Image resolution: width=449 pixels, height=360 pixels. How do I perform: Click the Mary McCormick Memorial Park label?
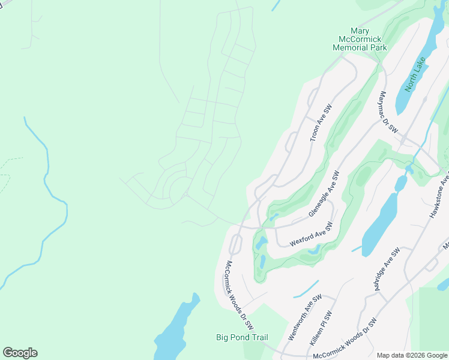(x=368, y=39)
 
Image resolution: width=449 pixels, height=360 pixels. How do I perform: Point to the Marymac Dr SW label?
(x=389, y=112)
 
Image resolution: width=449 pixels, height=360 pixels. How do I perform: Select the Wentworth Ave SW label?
(x=305, y=317)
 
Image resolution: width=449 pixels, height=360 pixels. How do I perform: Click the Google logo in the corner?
(x=20, y=353)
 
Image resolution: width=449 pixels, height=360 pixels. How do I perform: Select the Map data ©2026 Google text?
(x=411, y=355)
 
